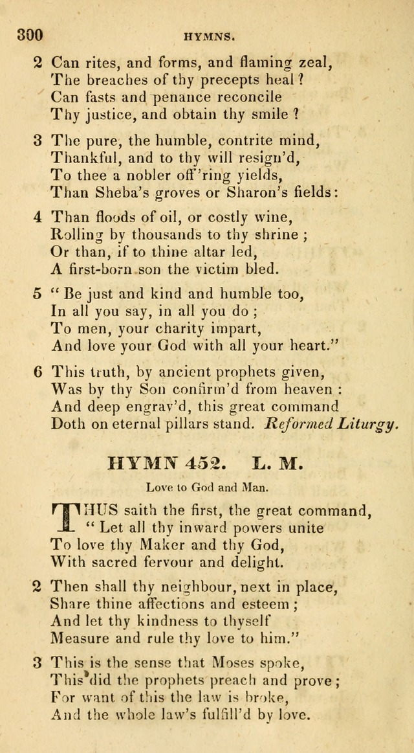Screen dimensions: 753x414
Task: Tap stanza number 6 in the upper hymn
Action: click(x=38, y=372)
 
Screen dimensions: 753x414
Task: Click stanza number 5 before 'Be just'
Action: click(x=38, y=295)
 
